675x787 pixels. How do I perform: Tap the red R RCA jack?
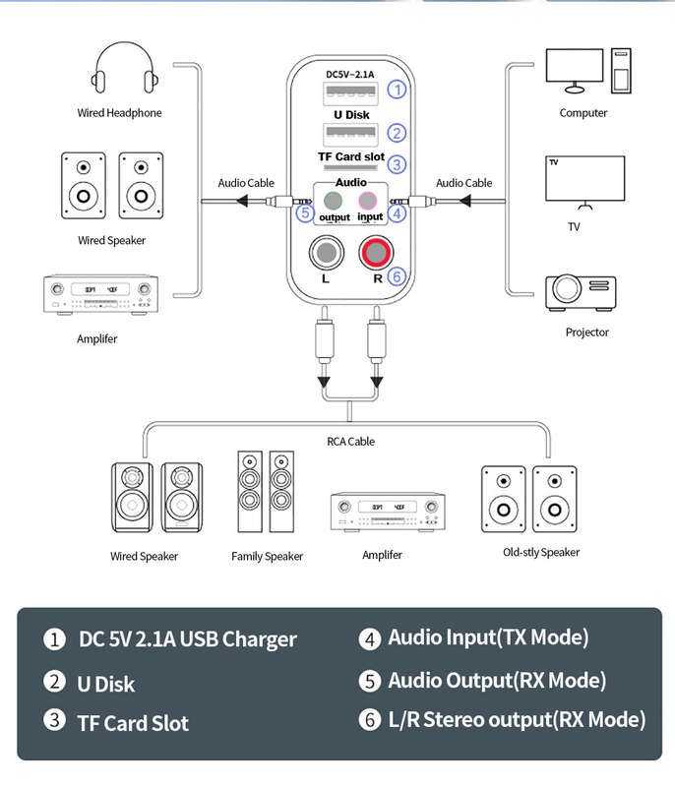377,253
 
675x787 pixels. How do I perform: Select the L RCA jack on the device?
327,253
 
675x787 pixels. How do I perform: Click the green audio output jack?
333,201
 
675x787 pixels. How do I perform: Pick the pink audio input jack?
367,201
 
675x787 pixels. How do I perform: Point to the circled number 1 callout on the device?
397,90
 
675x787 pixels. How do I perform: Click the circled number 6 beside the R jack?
397,276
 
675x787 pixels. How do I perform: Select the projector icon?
582,292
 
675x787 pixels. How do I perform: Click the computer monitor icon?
575,71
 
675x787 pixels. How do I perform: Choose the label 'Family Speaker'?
267,556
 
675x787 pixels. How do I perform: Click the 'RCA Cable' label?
351,441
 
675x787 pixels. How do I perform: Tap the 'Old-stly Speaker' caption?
541,552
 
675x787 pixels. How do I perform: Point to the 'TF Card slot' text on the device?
351,156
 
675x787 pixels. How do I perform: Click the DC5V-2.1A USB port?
350,92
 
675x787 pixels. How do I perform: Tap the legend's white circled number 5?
370,681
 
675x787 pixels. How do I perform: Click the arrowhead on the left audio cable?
242,202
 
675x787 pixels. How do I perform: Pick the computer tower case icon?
621,71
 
